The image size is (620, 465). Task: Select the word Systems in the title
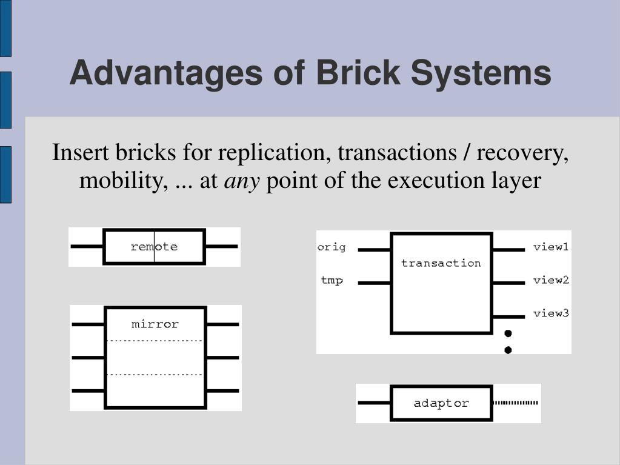point(481,73)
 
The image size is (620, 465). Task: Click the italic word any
point(242,181)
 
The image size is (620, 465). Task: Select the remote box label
point(154,247)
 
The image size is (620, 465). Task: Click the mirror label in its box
point(155,324)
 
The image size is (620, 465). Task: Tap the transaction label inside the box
point(441,263)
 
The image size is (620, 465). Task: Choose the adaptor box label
point(441,403)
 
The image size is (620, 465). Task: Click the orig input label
point(332,247)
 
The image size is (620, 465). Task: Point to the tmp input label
point(332,280)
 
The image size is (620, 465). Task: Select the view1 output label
point(551,247)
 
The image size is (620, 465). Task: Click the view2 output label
point(551,280)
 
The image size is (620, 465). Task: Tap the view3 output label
point(551,313)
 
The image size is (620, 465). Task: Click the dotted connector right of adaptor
point(515,403)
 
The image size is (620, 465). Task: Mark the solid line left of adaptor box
point(375,403)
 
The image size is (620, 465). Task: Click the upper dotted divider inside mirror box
point(155,341)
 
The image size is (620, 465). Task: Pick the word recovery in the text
point(522,153)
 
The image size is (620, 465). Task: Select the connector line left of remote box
point(87,246)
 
